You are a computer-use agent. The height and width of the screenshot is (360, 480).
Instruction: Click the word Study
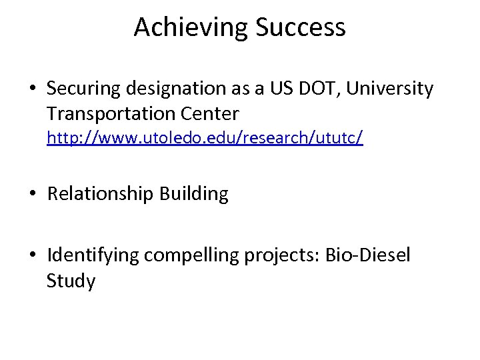(71, 281)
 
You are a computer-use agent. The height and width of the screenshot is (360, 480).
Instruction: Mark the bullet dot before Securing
(33, 89)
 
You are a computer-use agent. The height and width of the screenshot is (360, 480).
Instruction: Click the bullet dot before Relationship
(33, 195)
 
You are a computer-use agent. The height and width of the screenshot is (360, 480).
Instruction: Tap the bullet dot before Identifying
(33, 256)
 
